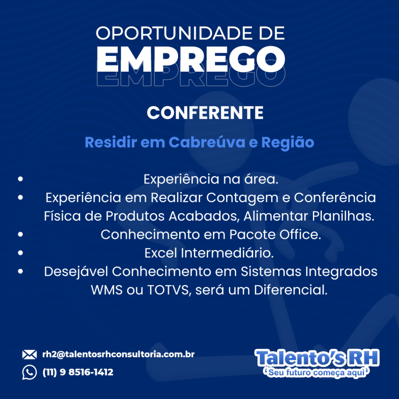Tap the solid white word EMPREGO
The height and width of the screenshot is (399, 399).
(x=191, y=59)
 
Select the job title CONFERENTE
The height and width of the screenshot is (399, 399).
(x=205, y=113)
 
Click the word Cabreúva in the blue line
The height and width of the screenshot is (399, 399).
(x=207, y=142)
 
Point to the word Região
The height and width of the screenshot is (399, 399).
(x=288, y=143)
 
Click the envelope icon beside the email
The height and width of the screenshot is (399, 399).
(x=29, y=355)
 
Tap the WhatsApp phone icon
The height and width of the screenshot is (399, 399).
(x=30, y=372)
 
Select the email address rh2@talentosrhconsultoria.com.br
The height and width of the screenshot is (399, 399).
(x=118, y=354)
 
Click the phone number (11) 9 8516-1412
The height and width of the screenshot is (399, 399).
(x=78, y=372)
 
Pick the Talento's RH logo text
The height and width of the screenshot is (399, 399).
(x=317, y=358)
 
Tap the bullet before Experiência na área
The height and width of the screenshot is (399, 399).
(x=20, y=179)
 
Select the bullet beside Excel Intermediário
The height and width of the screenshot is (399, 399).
(x=20, y=252)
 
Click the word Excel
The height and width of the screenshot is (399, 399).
(x=161, y=253)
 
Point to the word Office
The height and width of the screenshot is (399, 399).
(x=300, y=234)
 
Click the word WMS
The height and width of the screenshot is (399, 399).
(x=107, y=290)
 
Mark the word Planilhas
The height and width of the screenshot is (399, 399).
(x=343, y=216)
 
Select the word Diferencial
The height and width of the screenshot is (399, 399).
(x=291, y=290)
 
